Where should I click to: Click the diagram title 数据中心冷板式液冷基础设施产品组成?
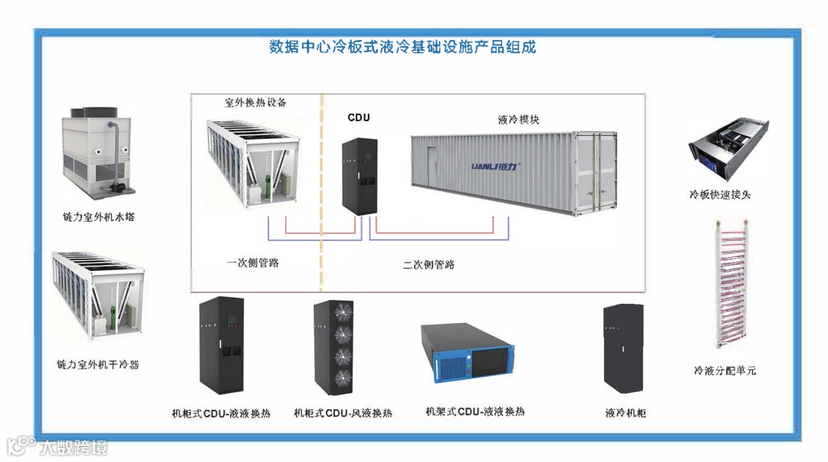click(403, 47)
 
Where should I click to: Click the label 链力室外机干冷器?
click(98, 365)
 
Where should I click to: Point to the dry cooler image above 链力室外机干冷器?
click(95, 295)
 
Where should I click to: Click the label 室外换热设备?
click(255, 102)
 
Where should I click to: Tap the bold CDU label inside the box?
click(359, 117)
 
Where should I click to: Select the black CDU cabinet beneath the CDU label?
click(358, 172)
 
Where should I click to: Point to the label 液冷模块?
click(518, 120)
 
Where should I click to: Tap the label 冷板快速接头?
click(720, 195)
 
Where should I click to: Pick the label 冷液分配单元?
click(724, 371)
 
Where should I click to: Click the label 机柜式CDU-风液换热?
click(343, 413)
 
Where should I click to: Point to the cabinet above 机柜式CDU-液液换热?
click(222, 345)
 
